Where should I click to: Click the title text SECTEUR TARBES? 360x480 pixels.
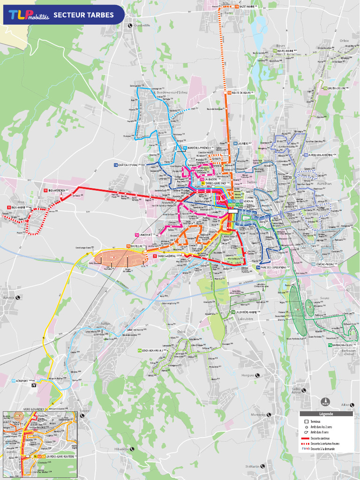[83, 15]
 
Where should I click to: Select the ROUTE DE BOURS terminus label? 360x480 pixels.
[242, 93]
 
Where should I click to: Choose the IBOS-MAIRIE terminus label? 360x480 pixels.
[20, 207]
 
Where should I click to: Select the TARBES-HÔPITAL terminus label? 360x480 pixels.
[169, 256]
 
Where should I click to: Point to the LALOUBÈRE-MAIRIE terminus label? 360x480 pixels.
[246, 312]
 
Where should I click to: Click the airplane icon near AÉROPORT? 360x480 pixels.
[34, 385]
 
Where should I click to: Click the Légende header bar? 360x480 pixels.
[326, 414]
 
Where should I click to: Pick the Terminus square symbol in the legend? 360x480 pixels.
[306, 422]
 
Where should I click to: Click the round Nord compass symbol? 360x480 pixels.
[325, 402]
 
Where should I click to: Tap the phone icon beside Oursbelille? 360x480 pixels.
[130, 25]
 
